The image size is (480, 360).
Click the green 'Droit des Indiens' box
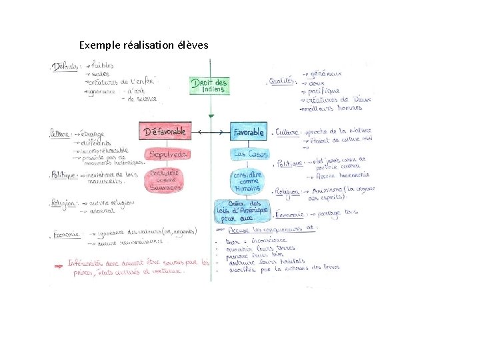click(x=209, y=85)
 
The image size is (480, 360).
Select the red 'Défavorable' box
click(x=165, y=132)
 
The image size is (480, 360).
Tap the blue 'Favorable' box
click(x=249, y=132)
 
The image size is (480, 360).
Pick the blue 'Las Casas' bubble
click(x=249, y=154)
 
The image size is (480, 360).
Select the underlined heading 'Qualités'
click(x=281, y=81)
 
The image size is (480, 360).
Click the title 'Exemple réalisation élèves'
click(x=143, y=45)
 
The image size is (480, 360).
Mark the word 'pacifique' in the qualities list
click(x=325, y=91)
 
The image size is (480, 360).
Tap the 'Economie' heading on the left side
click(x=65, y=234)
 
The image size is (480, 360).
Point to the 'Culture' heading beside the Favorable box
click(x=287, y=132)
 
